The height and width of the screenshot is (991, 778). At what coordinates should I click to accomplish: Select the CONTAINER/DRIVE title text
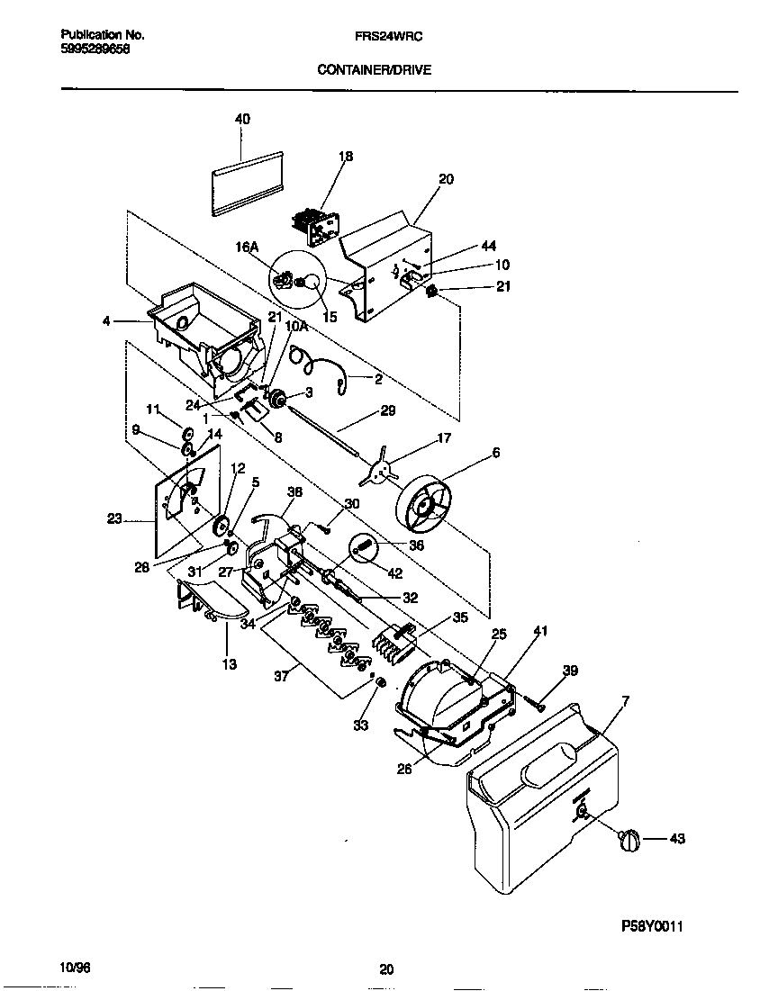374,68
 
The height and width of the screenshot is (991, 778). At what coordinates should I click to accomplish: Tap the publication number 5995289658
95,50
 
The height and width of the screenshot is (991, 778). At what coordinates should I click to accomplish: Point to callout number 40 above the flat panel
242,119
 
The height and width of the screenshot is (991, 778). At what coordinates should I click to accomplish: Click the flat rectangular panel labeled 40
246,183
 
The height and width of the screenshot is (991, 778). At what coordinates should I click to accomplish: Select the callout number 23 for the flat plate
113,518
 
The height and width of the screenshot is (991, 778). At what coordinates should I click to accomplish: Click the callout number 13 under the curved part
230,664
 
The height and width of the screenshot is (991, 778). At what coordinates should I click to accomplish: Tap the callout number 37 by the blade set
281,676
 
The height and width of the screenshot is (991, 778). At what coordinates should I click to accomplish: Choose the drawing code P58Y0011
658,925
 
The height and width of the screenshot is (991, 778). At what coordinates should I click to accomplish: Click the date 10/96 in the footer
76,968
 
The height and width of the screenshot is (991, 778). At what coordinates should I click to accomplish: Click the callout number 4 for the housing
107,320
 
